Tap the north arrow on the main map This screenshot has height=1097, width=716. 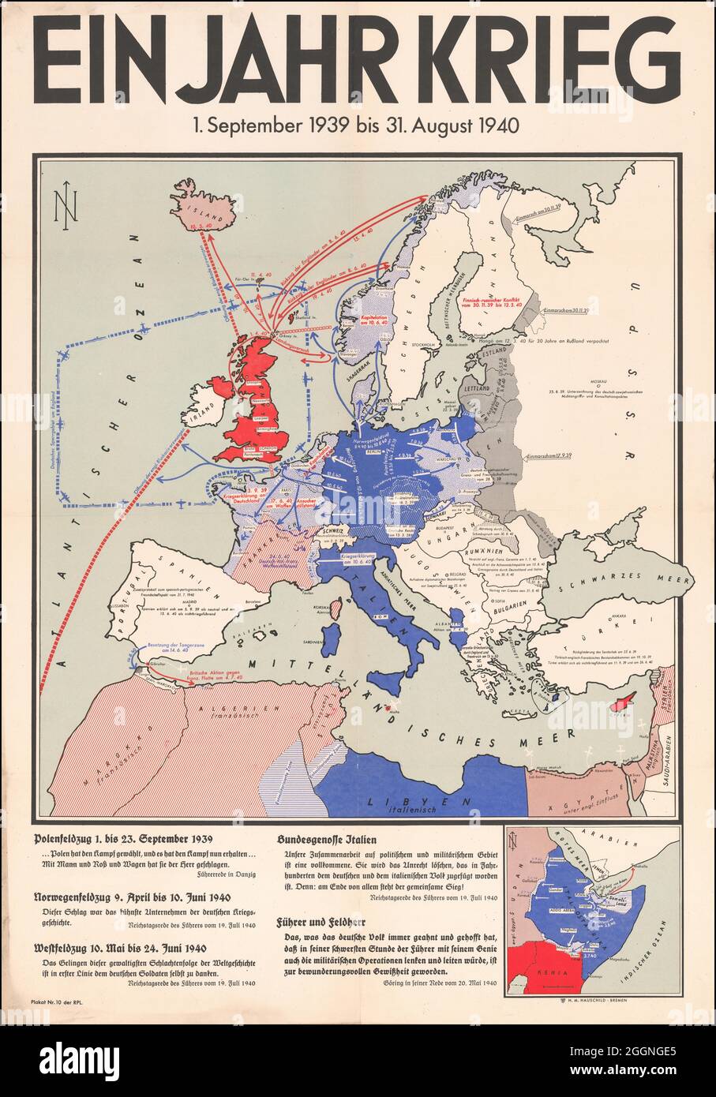tap(62, 210)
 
